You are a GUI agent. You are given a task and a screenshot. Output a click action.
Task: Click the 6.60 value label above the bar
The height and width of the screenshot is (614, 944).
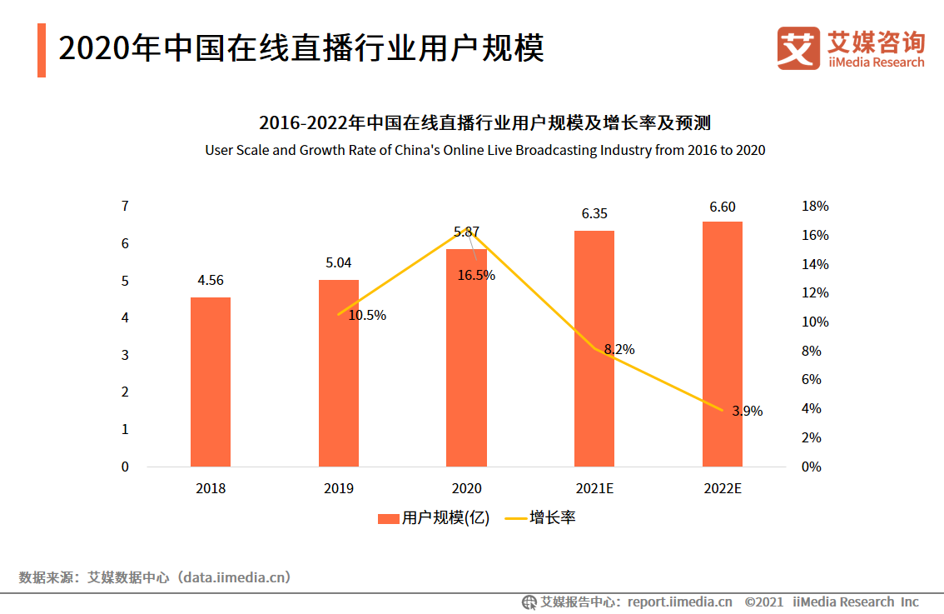(722, 207)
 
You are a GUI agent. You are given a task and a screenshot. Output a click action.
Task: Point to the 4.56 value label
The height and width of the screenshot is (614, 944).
(210, 281)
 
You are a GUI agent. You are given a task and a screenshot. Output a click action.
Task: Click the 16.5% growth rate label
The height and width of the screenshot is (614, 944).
(476, 275)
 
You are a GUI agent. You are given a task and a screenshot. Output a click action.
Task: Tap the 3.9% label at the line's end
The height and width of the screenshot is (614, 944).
(747, 411)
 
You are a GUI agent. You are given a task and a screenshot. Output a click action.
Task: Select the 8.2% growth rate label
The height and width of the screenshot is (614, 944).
(619, 350)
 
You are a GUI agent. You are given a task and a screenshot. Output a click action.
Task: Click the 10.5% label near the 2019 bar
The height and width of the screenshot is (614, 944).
(367, 316)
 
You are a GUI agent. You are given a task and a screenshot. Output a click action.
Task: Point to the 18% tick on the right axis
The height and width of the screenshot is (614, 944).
(815, 207)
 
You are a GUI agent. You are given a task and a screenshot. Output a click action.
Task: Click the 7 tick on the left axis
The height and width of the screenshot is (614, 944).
(125, 207)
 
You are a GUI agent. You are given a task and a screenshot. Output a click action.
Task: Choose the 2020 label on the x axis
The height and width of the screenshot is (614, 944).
(466, 489)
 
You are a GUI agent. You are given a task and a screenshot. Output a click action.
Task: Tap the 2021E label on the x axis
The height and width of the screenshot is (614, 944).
(594, 489)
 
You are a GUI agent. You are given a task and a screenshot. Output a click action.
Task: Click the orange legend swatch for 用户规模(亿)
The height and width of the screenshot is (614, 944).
(388, 518)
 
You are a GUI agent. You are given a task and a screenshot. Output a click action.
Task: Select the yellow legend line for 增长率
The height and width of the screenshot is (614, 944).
(515, 518)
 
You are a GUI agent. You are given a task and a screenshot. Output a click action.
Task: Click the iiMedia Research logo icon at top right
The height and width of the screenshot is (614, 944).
(797, 47)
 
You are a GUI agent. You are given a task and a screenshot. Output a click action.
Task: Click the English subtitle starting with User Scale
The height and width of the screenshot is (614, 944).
(484, 151)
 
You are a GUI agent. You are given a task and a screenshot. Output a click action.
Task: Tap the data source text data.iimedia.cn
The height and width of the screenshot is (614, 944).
(236, 577)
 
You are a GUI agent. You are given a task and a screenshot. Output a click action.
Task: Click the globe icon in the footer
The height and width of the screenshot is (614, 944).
(529, 602)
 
